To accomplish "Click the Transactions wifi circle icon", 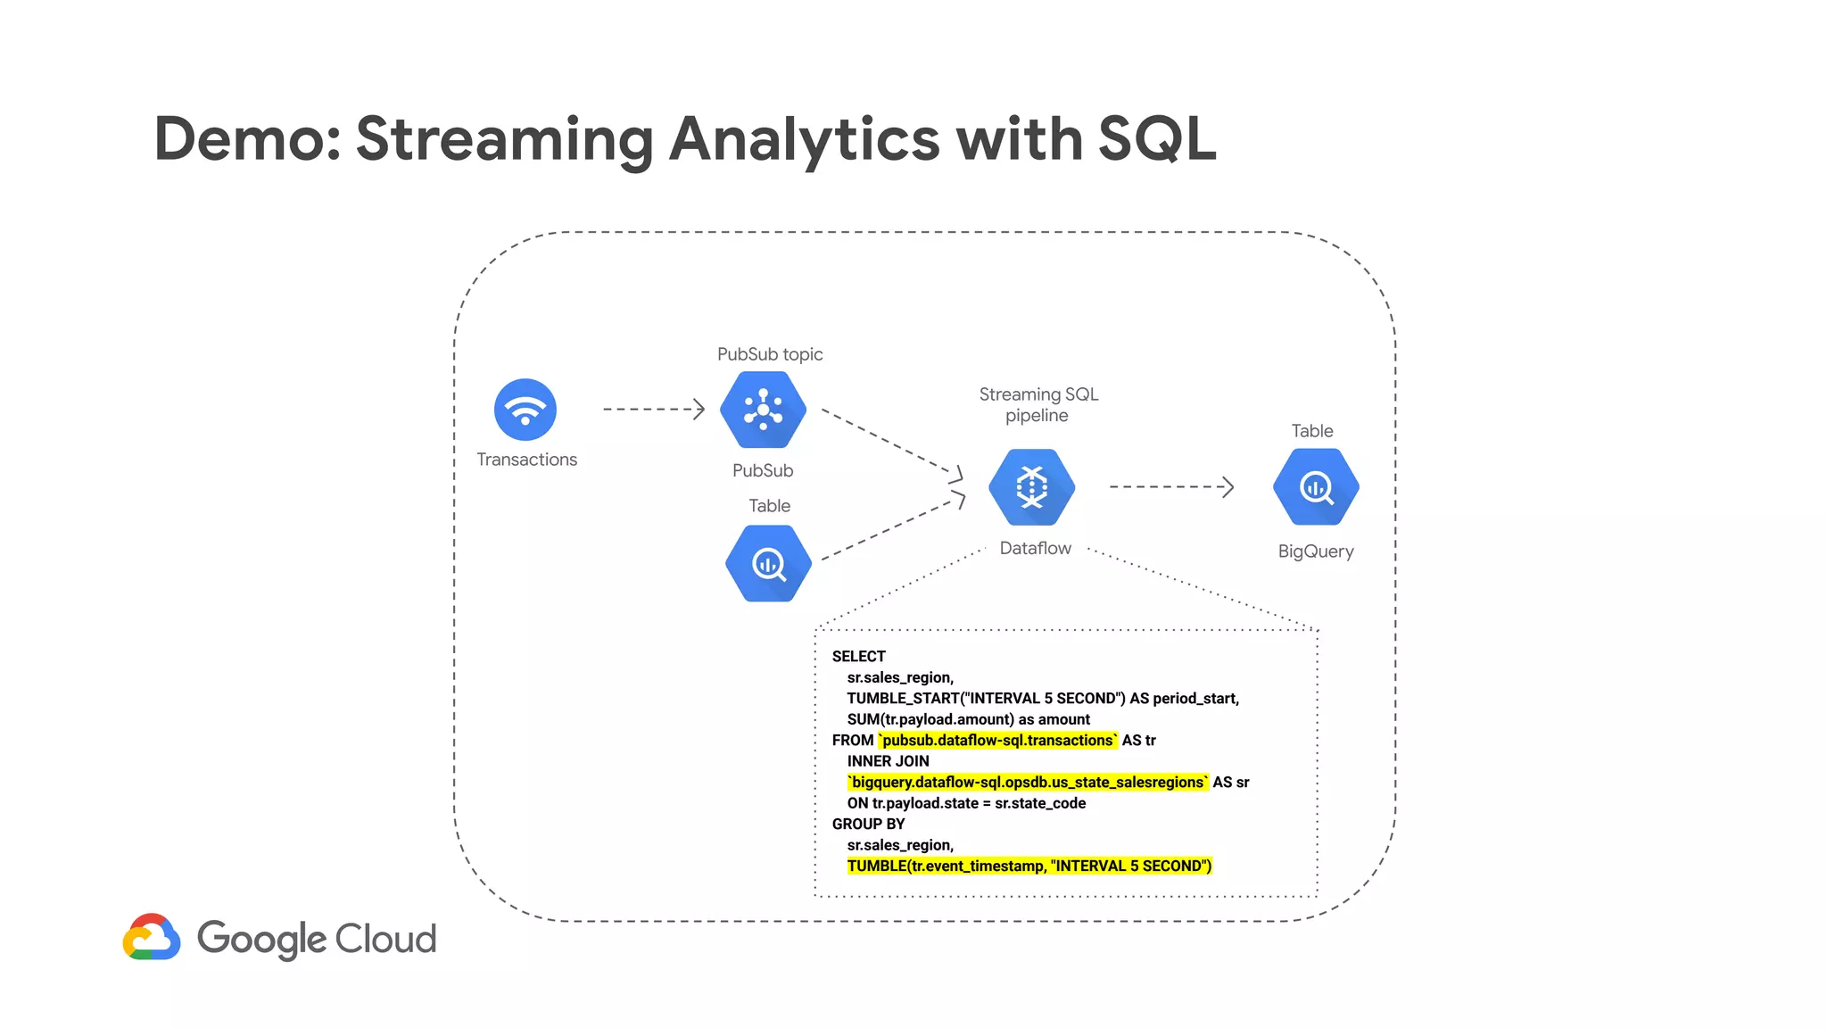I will click(x=525, y=410).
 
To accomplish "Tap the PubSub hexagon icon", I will click(x=763, y=410).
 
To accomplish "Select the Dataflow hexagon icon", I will click(x=1031, y=487).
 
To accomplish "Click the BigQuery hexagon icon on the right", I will click(x=1316, y=487).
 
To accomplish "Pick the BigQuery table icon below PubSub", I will click(x=768, y=563).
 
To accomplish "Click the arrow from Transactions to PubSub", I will click(x=654, y=410).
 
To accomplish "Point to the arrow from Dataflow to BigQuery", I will click(x=1171, y=487).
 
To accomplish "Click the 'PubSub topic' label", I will click(x=770, y=354).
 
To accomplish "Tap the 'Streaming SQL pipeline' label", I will click(x=1038, y=404).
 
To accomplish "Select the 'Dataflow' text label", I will click(x=1035, y=548).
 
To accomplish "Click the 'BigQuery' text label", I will click(x=1316, y=551).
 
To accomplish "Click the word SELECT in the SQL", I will click(x=858, y=656).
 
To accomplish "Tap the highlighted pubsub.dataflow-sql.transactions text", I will click(x=997, y=740).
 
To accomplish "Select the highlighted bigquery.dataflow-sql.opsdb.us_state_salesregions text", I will click(x=1028, y=782).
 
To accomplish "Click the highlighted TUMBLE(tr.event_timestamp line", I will click(x=1029, y=866).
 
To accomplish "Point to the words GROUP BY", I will click(x=868, y=824).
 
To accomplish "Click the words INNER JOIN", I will click(x=888, y=761).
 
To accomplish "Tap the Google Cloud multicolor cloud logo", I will click(x=152, y=937).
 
